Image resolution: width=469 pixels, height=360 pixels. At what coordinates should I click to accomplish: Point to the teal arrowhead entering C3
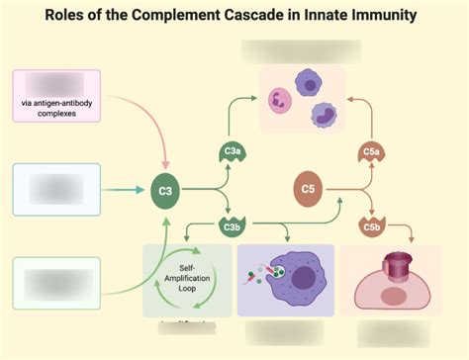point(141,188)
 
